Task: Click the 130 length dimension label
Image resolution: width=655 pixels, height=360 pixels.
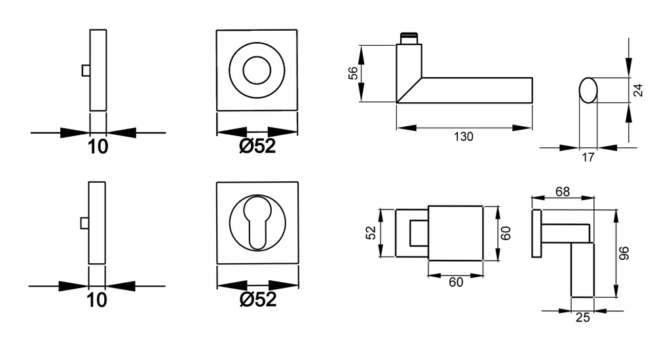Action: (463, 137)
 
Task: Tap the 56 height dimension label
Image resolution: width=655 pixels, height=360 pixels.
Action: (354, 73)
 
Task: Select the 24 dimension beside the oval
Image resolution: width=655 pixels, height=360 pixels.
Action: (638, 90)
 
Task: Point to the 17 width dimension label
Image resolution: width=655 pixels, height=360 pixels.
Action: (588, 158)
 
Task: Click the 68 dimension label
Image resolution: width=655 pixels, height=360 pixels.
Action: (562, 191)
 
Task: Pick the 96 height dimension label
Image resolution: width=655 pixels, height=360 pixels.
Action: (624, 253)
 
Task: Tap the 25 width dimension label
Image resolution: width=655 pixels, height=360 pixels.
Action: (583, 317)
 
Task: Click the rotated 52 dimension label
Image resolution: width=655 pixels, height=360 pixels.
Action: (371, 232)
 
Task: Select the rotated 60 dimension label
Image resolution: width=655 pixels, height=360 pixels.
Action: (506, 233)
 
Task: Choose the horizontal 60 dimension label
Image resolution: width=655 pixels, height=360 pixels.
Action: (456, 282)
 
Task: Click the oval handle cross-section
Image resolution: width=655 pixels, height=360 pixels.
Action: (588, 90)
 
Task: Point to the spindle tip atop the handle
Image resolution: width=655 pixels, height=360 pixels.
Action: (409, 39)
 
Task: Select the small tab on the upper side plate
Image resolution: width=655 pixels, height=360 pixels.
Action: (86, 71)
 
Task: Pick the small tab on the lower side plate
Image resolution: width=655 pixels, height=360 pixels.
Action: (84, 223)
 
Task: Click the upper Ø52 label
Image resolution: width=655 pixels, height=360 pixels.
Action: (257, 146)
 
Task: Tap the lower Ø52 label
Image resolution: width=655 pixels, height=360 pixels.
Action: (257, 299)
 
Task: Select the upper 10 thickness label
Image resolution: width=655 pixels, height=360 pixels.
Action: (98, 147)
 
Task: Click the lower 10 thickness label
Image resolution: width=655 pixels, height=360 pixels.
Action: (97, 300)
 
